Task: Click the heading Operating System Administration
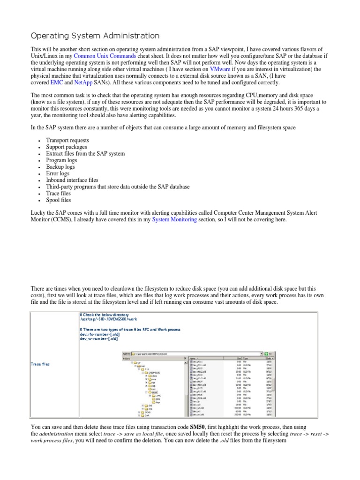pyautogui.click(x=95, y=36)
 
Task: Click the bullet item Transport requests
pyautogui.click(x=67, y=140)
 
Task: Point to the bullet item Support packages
pyautogui.click(x=66, y=147)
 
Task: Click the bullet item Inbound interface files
pyautogui.click(x=72, y=180)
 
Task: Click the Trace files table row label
pyautogui.click(x=41, y=364)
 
